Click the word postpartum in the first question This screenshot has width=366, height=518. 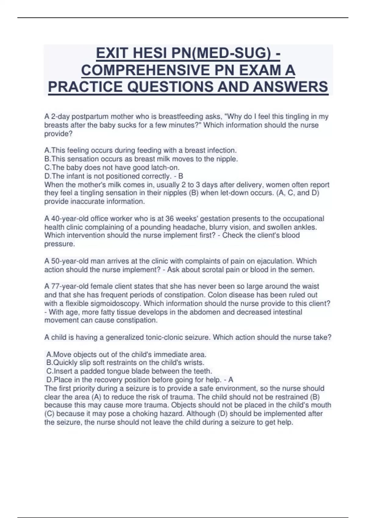(90, 116)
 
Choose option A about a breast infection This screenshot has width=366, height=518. (141, 150)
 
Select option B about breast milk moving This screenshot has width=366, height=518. (141, 159)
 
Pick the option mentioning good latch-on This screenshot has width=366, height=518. (112, 167)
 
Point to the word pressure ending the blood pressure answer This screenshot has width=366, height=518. (59, 244)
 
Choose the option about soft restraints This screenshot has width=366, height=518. (125, 363)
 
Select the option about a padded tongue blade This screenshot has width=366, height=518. (129, 371)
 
